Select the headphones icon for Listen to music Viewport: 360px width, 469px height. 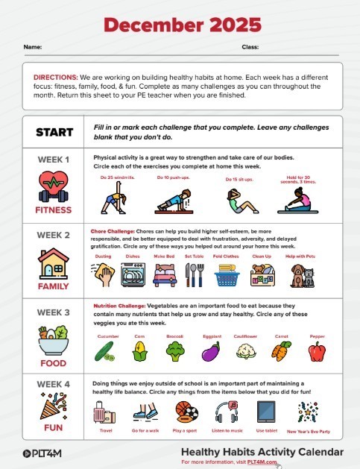click(x=226, y=412)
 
